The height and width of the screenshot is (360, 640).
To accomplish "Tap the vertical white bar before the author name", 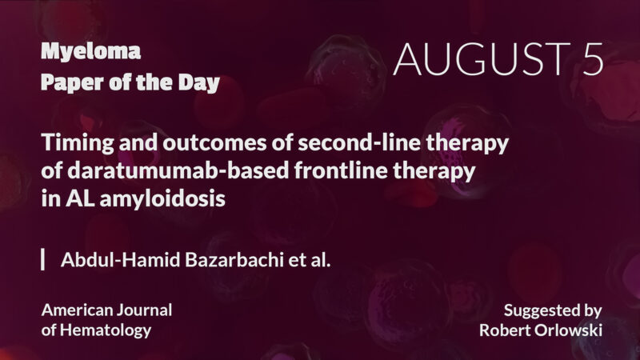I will [x=42, y=260].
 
